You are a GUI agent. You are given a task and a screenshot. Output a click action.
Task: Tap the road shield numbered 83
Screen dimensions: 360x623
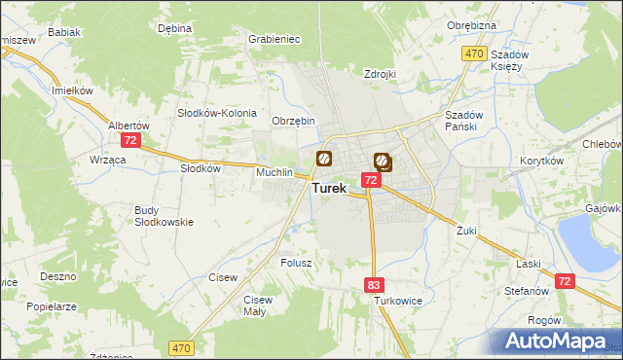click(x=375, y=285)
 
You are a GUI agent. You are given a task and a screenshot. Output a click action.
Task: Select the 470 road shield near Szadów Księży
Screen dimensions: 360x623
click(x=474, y=54)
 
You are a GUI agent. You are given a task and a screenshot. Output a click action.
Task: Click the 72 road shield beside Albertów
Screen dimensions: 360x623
click(x=131, y=140)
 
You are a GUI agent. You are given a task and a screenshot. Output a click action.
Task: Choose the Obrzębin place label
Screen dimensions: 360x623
click(x=293, y=121)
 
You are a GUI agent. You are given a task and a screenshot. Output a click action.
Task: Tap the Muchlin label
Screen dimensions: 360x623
click(x=275, y=172)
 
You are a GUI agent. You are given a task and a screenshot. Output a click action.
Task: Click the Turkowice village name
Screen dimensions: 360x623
click(x=398, y=302)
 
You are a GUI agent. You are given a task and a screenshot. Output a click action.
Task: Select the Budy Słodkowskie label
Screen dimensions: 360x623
click(x=164, y=216)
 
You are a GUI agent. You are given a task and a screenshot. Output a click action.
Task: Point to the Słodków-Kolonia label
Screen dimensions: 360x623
click(x=216, y=112)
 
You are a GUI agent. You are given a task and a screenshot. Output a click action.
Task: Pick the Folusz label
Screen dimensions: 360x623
click(x=295, y=263)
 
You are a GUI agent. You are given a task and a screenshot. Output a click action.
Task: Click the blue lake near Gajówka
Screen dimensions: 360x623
click(x=583, y=239)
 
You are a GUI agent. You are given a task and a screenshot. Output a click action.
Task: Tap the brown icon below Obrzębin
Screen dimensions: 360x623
click(x=323, y=158)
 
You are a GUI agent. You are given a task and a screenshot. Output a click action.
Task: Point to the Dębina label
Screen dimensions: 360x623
click(x=174, y=29)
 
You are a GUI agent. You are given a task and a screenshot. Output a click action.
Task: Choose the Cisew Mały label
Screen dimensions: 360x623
click(x=258, y=306)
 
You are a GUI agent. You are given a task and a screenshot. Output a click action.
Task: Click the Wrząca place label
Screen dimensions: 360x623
click(x=107, y=159)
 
